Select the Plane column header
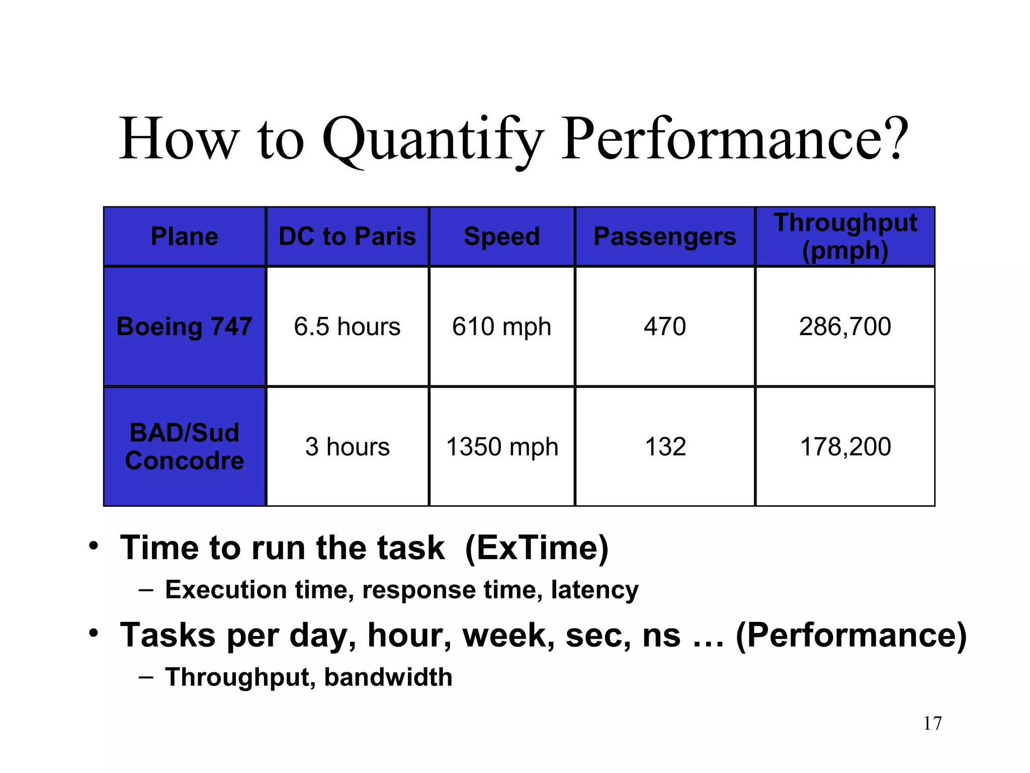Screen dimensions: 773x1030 [185, 237]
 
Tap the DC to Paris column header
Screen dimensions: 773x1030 [347, 237]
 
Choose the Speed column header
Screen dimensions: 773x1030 [501, 237]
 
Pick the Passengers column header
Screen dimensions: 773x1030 [664, 237]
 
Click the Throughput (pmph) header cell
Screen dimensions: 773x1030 [845, 237]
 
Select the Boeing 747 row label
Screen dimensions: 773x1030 [185, 326]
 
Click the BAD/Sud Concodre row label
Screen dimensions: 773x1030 [185, 446]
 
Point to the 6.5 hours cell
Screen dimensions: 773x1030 [347, 326]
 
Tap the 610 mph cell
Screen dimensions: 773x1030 [501, 326]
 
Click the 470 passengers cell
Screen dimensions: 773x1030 [664, 326]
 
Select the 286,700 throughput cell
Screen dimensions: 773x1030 [845, 326]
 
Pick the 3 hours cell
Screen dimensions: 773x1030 [347, 446]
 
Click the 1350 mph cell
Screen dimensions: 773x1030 [501, 446]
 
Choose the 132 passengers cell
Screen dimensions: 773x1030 [664, 446]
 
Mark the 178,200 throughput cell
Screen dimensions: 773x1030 [845, 446]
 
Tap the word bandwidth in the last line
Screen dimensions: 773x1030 [388, 677]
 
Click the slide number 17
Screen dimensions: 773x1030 [932, 723]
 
